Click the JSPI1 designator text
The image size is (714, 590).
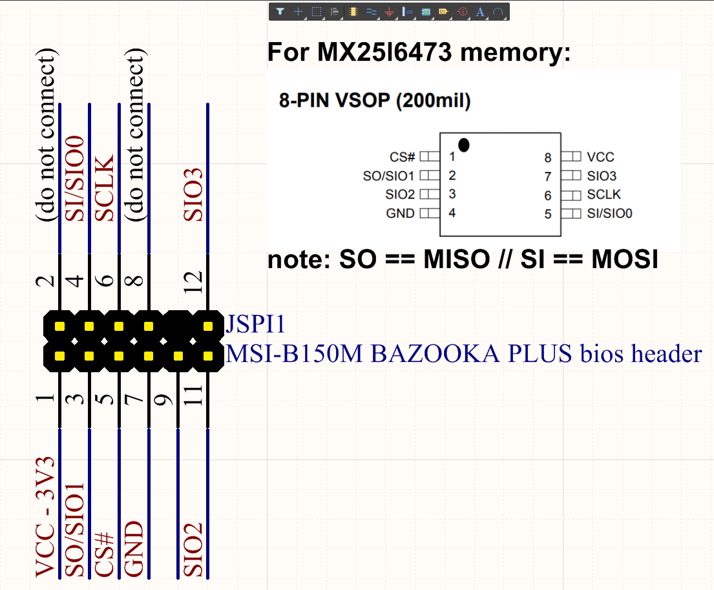point(255,324)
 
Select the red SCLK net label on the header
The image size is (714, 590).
point(105,188)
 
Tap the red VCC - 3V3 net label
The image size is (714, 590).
point(45,518)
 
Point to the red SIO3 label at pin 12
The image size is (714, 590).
point(193,195)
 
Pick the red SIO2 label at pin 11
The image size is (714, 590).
point(193,550)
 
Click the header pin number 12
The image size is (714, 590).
point(193,282)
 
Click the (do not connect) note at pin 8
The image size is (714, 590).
point(135,135)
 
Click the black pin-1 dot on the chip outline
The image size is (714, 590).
point(463,145)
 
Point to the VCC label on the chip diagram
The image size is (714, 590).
point(601,157)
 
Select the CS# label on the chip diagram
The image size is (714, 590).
point(402,157)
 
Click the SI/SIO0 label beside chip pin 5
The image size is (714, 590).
point(610,213)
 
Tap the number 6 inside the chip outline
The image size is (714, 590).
point(548,196)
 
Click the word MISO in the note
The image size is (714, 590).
point(457,260)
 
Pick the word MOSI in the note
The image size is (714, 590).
point(625,260)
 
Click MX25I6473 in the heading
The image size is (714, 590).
point(384,52)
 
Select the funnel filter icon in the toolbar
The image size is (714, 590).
point(280,12)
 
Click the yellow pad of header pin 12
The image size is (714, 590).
point(208,326)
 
